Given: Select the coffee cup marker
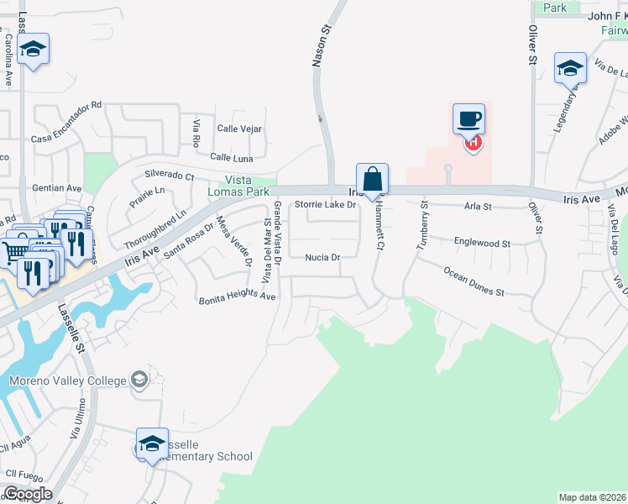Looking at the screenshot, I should [469, 119].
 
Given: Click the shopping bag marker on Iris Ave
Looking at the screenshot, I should [372, 179].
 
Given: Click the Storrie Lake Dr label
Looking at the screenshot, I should [325, 204].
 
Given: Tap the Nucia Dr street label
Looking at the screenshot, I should [322, 258].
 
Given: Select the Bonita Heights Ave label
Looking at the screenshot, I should [237, 298].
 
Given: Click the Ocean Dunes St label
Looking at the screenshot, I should [474, 281].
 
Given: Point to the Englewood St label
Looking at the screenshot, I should [482, 243].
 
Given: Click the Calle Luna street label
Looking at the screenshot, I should [232, 157].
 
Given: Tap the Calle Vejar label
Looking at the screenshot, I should [240, 129].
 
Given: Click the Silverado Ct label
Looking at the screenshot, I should [170, 176].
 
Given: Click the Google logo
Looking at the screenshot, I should [27, 494].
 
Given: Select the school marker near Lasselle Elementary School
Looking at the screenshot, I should [152, 444].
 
